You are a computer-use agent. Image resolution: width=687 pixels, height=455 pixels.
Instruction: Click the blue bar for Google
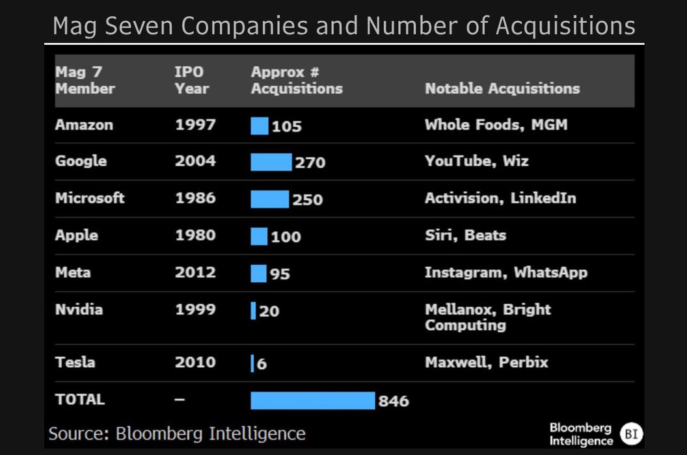click(x=271, y=162)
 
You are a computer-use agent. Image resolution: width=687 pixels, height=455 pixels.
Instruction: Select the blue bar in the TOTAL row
click(x=313, y=400)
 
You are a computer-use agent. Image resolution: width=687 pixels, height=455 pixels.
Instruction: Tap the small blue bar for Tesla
click(x=252, y=363)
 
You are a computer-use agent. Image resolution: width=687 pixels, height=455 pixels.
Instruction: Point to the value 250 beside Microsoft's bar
click(x=307, y=200)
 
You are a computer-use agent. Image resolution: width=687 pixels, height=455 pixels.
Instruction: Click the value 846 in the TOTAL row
click(x=394, y=401)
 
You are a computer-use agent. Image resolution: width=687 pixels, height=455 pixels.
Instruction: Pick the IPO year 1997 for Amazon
click(x=195, y=125)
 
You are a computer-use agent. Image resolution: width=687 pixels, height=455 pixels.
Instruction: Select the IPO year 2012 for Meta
click(x=195, y=272)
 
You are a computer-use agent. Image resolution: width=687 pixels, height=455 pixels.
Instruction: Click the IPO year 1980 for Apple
click(x=195, y=235)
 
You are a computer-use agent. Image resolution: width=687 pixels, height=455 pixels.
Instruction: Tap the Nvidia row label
click(x=79, y=309)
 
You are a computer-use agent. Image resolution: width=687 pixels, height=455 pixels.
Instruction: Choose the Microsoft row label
click(x=90, y=198)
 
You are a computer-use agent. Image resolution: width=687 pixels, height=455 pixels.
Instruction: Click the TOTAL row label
click(x=80, y=400)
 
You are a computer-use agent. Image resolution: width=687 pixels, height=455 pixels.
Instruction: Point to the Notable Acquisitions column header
click(x=502, y=88)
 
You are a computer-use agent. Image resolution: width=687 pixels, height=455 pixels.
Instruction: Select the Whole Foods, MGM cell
click(x=496, y=125)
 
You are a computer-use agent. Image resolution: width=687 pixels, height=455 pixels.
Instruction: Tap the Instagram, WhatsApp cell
click(x=506, y=272)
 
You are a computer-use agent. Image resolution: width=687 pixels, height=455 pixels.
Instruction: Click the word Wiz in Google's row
click(x=515, y=161)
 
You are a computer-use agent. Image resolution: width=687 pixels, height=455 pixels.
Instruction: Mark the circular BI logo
click(x=630, y=434)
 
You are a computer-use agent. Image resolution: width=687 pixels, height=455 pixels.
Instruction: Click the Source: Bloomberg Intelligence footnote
click(x=177, y=434)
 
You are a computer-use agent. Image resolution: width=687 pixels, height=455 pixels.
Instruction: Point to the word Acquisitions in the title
click(x=565, y=26)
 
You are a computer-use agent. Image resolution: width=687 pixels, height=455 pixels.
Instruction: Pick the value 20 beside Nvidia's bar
click(x=269, y=311)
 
